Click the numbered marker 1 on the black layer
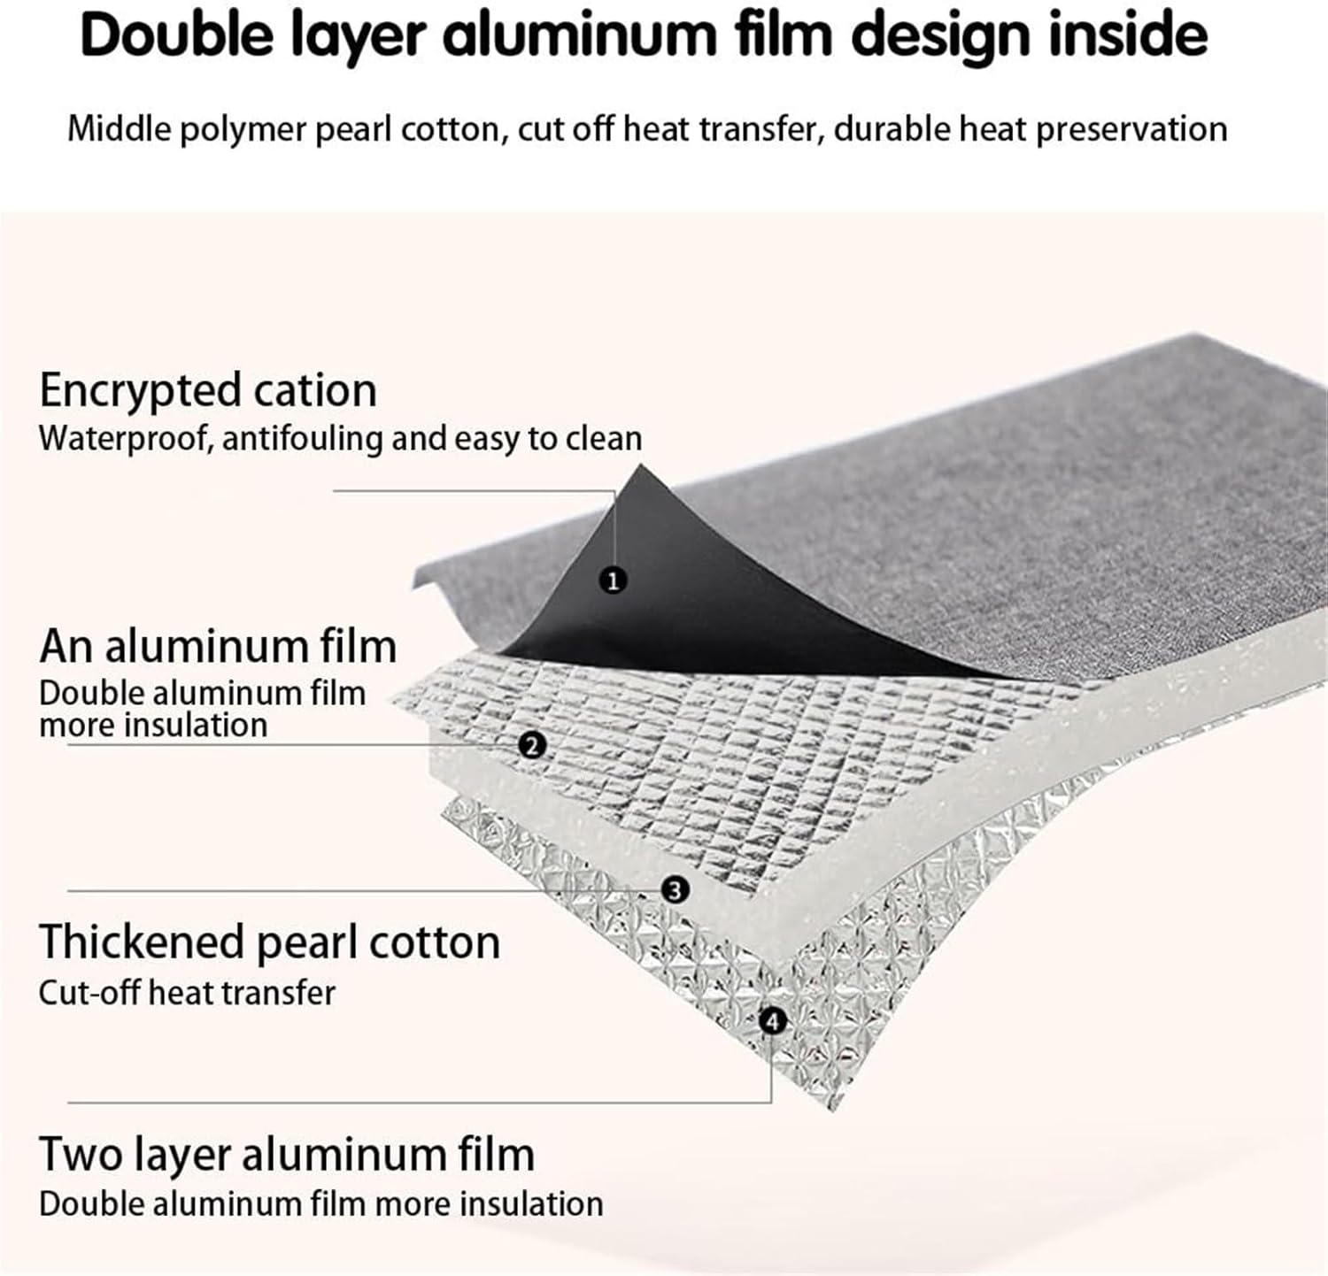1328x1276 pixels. [x=613, y=580]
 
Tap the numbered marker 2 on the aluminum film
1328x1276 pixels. [x=531, y=745]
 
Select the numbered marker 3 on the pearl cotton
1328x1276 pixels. [x=675, y=889]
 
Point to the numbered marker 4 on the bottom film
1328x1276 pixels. [x=772, y=1021]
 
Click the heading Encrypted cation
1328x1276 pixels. [x=208, y=390]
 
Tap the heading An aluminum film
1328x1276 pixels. [x=218, y=646]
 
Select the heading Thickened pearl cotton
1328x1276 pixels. [x=269, y=942]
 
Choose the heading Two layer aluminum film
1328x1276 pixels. [x=287, y=1155]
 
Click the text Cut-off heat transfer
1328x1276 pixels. [x=187, y=993]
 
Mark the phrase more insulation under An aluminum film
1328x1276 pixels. [x=153, y=726]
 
